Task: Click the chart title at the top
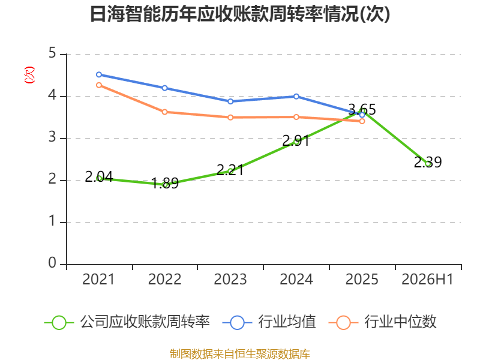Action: point(240,14)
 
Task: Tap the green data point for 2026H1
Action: point(428,164)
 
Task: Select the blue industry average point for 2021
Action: point(99,74)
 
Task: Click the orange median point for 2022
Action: point(164,112)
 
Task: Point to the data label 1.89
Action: point(165,184)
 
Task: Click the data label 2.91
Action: point(296,141)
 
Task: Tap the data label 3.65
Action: point(362,109)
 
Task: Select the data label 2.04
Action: point(99,176)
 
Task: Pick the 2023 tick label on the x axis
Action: point(230,280)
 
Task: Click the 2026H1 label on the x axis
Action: point(427,280)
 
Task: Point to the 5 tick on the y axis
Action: point(52,53)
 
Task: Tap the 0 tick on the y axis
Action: point(52,263)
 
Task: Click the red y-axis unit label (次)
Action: point(29,75)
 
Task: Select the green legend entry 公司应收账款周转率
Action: point(127,322)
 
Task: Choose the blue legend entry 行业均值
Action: point(269,322)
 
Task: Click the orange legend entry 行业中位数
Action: point(382,322)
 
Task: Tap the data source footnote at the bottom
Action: point(240,354)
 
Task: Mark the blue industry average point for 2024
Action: point(296,97)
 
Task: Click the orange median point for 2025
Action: point(362,122)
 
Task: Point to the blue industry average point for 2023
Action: point(230,101)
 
